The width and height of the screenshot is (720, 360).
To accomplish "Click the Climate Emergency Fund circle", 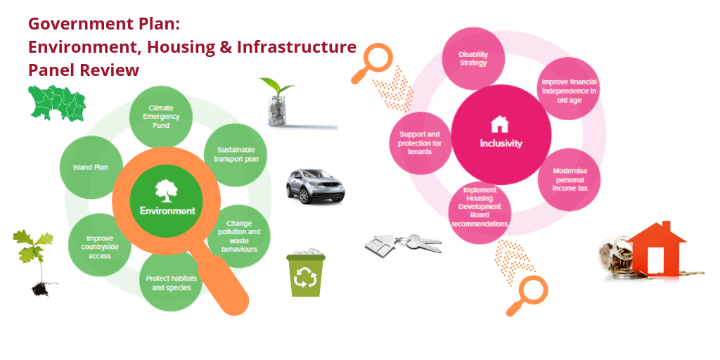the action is pos(161,117).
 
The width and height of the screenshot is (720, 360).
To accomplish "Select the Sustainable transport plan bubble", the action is pos(236,155).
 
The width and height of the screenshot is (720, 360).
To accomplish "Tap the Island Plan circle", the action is pos(91,167).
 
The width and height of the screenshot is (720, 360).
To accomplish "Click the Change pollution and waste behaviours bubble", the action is pos(239,236).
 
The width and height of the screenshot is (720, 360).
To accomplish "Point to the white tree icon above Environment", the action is pos(167,191).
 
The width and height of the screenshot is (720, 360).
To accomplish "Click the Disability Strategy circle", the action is pos(473,59).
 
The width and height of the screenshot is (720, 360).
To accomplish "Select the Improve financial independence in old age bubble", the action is pos(569,89).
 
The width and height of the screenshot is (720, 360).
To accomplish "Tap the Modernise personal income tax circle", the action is pos(569,180).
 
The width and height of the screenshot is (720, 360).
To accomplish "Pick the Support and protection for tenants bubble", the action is pos(420,143).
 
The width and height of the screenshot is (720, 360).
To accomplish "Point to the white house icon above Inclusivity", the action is pos(500,124).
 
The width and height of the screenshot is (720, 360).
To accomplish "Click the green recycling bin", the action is pos(306,273).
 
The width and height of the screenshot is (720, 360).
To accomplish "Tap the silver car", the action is pos(315,186).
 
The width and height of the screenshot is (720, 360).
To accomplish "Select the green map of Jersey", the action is pos(57,103).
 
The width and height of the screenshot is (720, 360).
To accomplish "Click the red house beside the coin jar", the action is pos(656,249).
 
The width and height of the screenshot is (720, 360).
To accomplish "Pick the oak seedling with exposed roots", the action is pos(35,263).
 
